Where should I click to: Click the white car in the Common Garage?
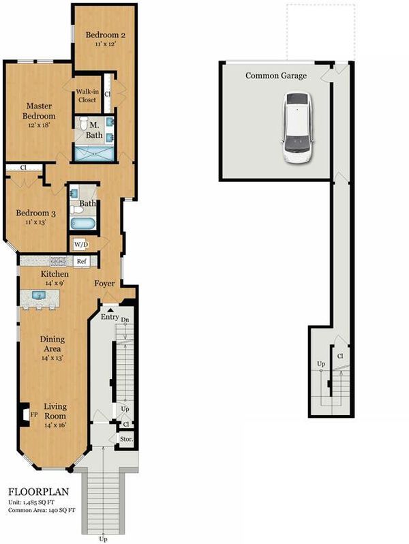coord(298,127)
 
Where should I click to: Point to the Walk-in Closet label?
coord(87,95)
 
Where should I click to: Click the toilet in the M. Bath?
coord(84,123)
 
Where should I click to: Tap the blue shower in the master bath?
coord(94,153)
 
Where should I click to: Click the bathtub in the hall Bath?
coord(82,223)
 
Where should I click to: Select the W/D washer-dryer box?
coord(81,245)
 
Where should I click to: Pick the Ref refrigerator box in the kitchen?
coord(82,261)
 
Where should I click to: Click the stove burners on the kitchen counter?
coord(58,261)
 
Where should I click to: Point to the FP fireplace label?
coord(33,414)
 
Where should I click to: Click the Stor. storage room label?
coord(126,439)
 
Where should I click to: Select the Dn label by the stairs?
coord(125,320)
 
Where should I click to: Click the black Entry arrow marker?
coord(110,310)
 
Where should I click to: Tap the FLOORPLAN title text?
coord(38,492)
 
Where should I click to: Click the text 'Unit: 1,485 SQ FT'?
coord(31,502)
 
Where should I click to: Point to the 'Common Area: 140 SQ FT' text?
coord(42,510)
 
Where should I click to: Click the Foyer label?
coord(104,284)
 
